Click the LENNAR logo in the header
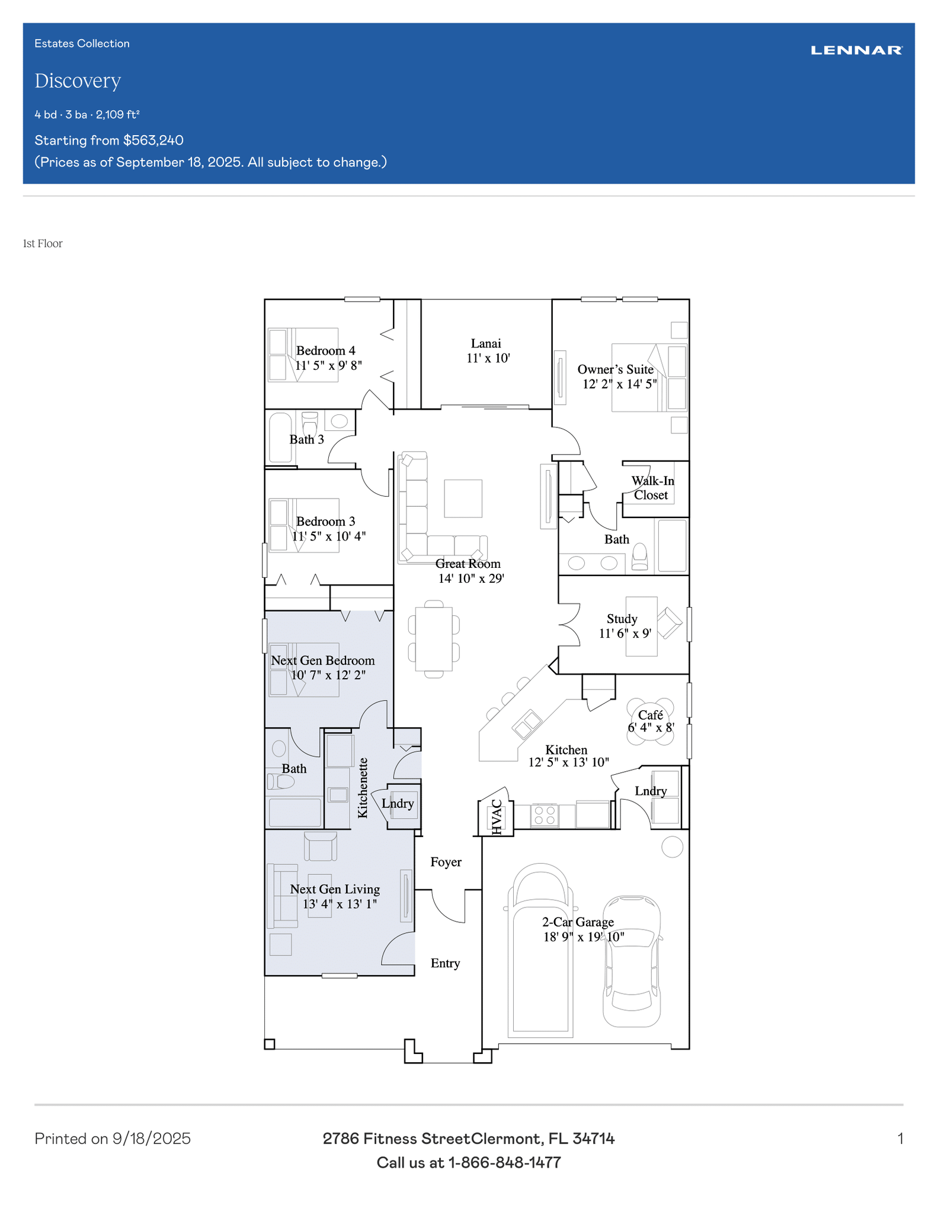pyautogui.click(x=856, y=50)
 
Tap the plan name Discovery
pyautogui.click(x=78, y=81)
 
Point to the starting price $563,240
pyautogui.click(x=153, y=140)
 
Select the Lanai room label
pyautogui.click(x=486, y=343)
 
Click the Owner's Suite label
pyautogui.click(x=616, y=369)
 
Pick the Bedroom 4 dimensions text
pyautogui.click(x=328, y=365)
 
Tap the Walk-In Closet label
pyautogui.click(x=652, y=488)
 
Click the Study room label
pyautogui.click(x=622, y=619)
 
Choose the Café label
pyautogui.click(x=651, y=715)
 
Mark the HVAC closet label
pyautogui.click(x=497, y=817)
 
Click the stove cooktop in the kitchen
pyautogui.click(x=545, y=816)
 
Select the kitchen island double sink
pyautogui.click(x=527, y=724)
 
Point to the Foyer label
pyautogui.click(x=446, y=862)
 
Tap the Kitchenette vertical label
pyautogui.click(x=363, y=788)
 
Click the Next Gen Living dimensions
pyautogui.click(x=340, y=904)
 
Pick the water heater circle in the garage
pyautogui.click(x=672, y=846)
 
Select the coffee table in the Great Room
pyautogui.click(x=463, y=499)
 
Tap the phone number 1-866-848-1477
pyautogui.click(x=504, y=1162)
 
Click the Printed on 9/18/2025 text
pyautogui.click(x=113, y=1139)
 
